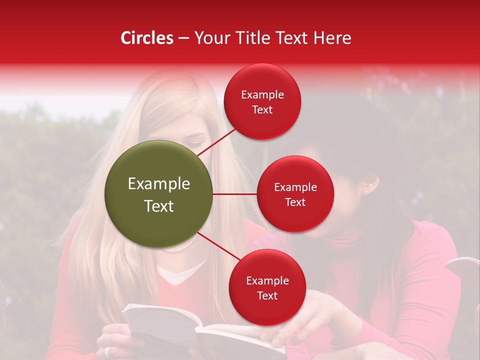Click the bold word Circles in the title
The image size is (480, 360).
point(147,38)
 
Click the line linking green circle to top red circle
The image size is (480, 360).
point(216,142)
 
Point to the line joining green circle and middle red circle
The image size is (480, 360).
point(235,194)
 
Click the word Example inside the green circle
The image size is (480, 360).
point(159,184)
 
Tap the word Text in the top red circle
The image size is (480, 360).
point(262,110)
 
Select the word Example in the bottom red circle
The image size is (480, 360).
point(267,281)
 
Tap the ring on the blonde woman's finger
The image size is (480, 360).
point(107,351)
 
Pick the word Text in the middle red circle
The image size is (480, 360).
point(295,202)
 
